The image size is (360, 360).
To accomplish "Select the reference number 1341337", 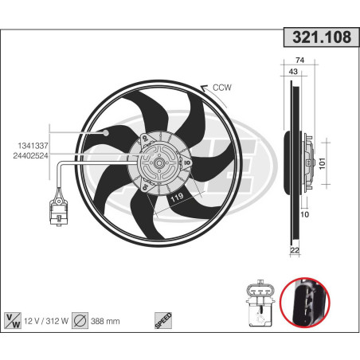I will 33,145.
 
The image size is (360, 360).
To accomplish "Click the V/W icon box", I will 14,320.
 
